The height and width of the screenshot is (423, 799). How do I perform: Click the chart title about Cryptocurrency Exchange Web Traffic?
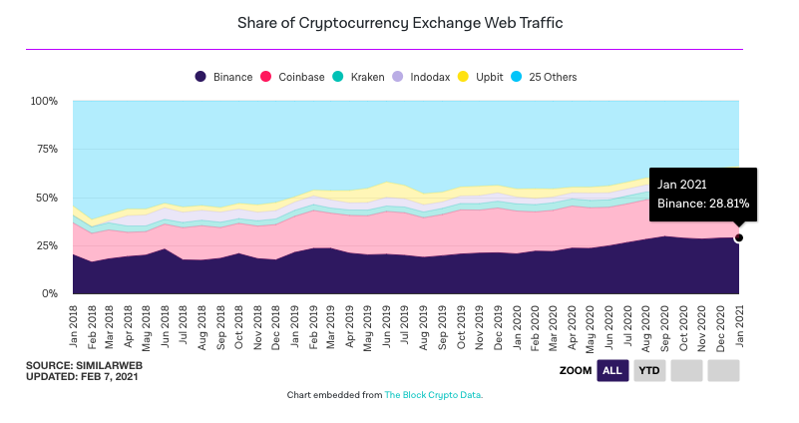pyautogui.click(x=399, y=22)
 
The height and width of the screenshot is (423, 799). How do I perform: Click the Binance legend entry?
pyautogui.click(x=224, y=77)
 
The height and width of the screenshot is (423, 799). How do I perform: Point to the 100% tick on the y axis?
pyautogui.click(x=44, y=102)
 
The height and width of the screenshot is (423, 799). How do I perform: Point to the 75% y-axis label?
pyautogui.click(x=47, y=150)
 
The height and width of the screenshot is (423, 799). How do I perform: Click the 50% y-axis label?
pyautogui.click(x=47, y=198)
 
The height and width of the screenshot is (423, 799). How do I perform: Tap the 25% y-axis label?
pyautogui.click(x=47, y=246)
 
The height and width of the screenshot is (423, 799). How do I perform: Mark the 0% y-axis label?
pyautogui.click(x=50, y=294)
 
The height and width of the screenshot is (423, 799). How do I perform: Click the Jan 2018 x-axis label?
pyautogui.click(x=74, y=323)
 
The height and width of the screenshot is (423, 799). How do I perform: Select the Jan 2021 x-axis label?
pyautogui.click(x=739, y=323)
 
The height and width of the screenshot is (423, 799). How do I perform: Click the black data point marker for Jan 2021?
pyautogui.click(x=739, y=237)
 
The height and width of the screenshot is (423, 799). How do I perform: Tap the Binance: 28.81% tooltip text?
pyautogui.click(x=702, y=204)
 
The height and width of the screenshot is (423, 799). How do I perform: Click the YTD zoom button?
pyautogui.click(x=649, y=371)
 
